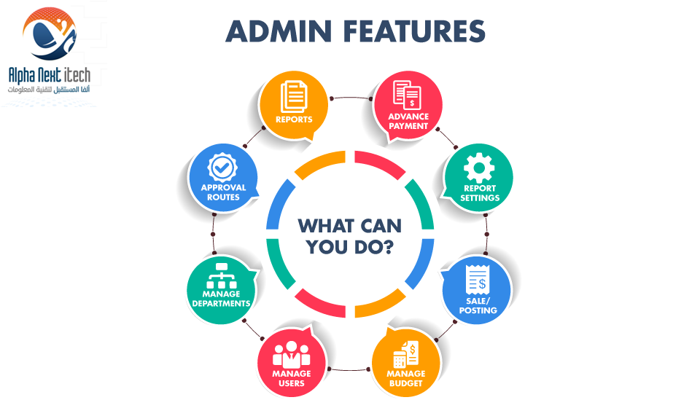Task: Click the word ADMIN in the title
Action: click(x=279, y=31)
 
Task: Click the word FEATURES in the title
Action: click(x=414, y=31)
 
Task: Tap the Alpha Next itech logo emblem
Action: click(x=50, y=34)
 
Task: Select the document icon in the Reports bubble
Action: click(x=294, y=96)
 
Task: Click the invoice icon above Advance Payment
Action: click(x=407, y=95)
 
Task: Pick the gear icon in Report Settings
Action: click(x=479, y=168)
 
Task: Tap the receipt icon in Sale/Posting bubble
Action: click(x=477, y=280)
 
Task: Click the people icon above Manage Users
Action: click(x=291, y=355)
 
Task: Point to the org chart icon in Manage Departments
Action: click(x=222, y=276)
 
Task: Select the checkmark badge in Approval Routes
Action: click(x=222, y=168)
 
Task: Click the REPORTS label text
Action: click(x=294, y=119)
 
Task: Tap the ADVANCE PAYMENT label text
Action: click(x=408, y=121)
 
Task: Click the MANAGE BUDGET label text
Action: click(x=406, y=378)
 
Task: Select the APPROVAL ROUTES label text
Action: click(x=223, y=192)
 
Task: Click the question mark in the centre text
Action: click(x=388, y=246)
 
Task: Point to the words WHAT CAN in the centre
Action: click(x=350, y=226)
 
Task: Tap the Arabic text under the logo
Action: click(x=49, y=90)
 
